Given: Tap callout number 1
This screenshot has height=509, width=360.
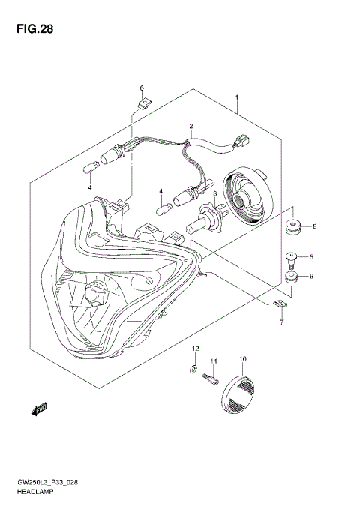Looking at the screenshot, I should point(236,98).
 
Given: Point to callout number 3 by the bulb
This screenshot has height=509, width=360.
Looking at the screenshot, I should point(214,194).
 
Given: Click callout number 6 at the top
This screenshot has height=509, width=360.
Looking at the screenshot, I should point(141,88).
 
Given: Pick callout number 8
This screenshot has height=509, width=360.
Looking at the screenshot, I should point(314,226).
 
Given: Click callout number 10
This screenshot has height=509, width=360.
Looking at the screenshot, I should point(242,359).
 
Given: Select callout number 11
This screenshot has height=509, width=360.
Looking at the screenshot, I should point(214,362).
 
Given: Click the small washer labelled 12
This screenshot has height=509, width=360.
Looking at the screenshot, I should point(193,369).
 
